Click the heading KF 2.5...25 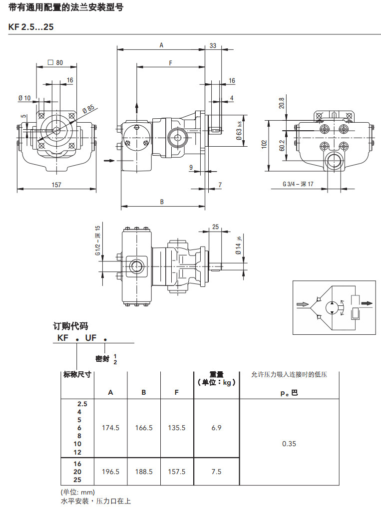point(31,27)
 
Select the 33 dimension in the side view point(213,46)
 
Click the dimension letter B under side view point(162,202)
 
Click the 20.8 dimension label point(282,103)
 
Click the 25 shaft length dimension point(215,227)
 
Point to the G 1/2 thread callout point(98,244)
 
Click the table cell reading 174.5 point(110,428)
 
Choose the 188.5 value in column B point(144,472)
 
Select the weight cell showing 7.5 point(216,472)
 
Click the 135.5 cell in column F point(177,428)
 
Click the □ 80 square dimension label point(55,63)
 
